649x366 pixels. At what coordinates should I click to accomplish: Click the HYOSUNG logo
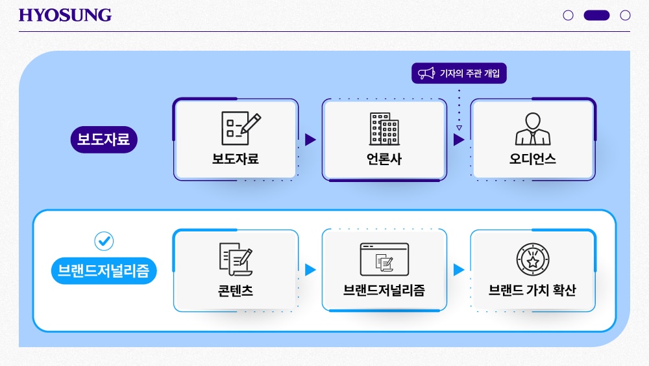65,16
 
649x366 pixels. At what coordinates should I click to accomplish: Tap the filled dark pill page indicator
596,16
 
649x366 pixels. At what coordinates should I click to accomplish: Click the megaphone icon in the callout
426,73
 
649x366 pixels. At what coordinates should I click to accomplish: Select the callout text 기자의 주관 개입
470,73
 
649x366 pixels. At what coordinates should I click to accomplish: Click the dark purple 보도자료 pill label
104,140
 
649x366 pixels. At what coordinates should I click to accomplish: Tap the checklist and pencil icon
241,128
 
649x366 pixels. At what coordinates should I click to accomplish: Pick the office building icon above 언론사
384,129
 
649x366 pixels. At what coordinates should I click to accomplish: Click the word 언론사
384,159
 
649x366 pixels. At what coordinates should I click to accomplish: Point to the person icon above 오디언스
533,129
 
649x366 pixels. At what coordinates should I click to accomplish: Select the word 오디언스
533,159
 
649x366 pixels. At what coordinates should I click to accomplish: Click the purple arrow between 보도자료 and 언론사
310,140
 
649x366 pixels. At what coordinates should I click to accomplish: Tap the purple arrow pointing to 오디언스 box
459,140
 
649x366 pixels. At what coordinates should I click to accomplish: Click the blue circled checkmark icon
104,241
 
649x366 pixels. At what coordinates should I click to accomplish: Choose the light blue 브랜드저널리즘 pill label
104,271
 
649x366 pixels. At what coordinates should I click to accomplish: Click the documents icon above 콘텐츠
236,259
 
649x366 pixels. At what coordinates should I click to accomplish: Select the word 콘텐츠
236,290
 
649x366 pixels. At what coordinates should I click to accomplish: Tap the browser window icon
384,259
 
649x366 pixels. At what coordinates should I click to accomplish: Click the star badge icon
533,259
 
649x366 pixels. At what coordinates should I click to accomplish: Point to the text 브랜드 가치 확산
532,290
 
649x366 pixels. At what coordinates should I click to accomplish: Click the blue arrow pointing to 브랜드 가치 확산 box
459,270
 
